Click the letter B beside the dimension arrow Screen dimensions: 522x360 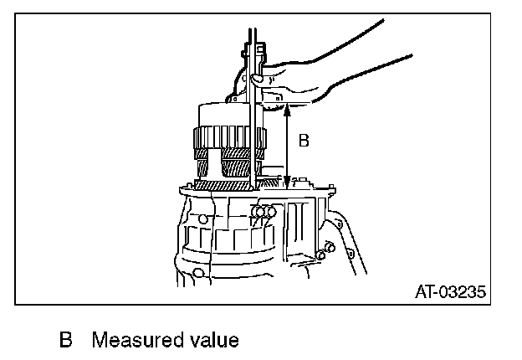[304, 141]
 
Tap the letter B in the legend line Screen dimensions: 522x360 [66, 341]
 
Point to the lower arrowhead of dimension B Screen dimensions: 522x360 [287, 183]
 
